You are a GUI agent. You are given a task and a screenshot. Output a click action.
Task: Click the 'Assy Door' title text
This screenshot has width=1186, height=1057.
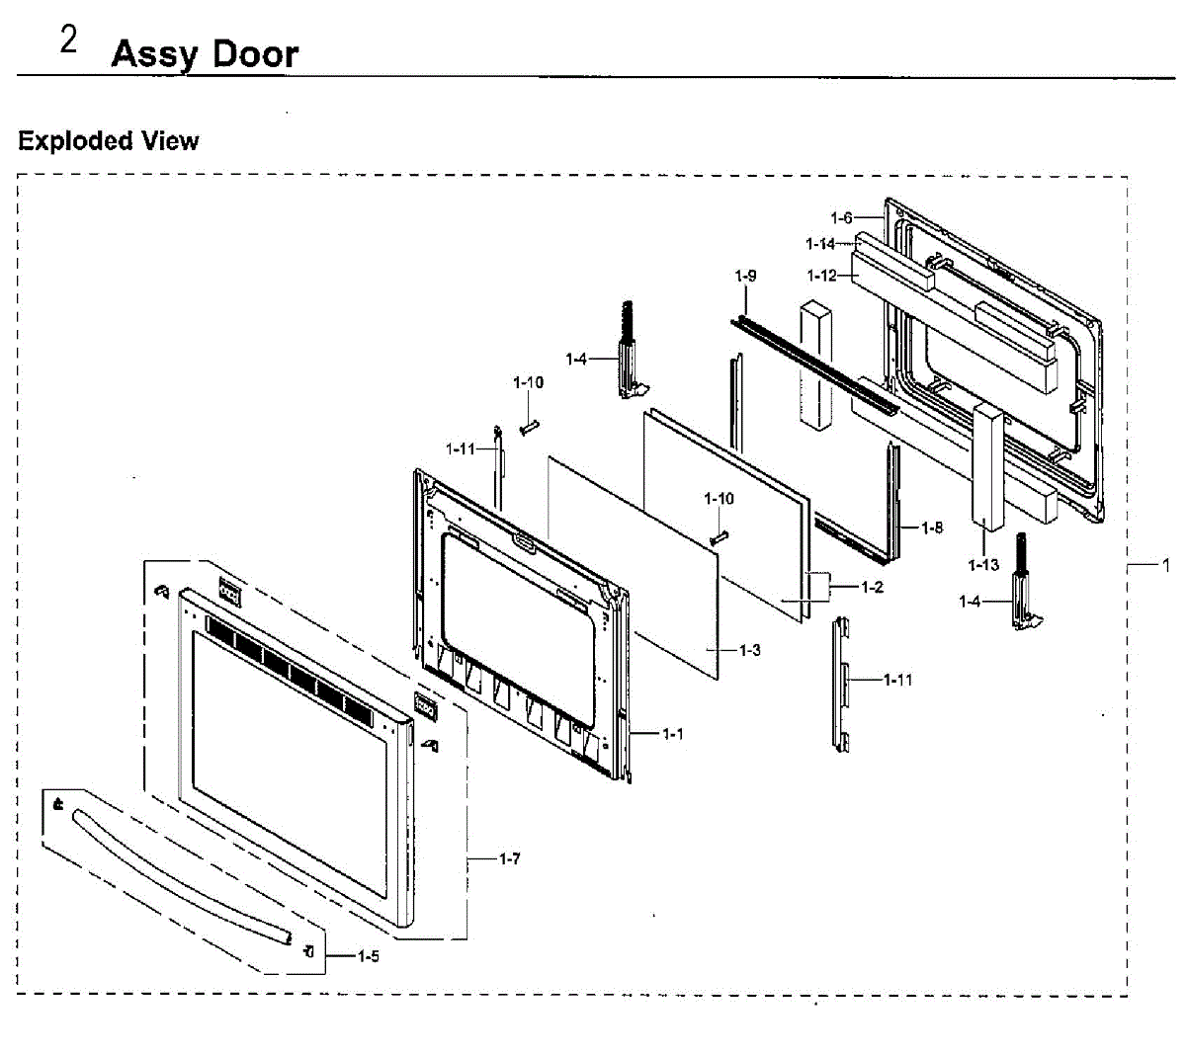[x=205, y=53]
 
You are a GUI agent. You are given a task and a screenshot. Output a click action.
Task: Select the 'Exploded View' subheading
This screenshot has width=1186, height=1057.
[x=109, y=141]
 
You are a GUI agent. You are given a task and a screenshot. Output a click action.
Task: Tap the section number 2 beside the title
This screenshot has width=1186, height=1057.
[x=68, y=41]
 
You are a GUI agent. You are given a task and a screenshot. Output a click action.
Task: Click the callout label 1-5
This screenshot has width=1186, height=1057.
[x=368, y=956]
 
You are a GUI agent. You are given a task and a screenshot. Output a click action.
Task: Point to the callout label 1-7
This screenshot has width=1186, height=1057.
[x=509, y=859]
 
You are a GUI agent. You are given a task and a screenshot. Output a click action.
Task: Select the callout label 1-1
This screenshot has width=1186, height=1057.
[x=672, y=734]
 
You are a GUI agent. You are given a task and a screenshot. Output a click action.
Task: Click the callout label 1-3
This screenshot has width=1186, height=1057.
[x=750, y=650]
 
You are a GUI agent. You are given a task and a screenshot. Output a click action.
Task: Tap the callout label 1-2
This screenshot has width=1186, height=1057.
[x=872, y=588]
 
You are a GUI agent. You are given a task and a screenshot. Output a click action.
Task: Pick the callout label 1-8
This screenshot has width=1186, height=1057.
[x=932, y=528]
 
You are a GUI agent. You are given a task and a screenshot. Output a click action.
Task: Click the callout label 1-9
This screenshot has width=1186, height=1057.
[x=745, y=276]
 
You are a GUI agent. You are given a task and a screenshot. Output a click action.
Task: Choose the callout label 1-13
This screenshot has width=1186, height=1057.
[x=983, y=565]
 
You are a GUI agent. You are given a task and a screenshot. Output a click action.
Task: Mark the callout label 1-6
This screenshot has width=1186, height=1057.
[x=841, y=217]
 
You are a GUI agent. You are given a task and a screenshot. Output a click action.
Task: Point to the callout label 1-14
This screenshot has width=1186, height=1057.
[x=820, y=243]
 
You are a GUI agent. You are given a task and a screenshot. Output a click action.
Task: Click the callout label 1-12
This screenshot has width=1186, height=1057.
[x=821, y=276]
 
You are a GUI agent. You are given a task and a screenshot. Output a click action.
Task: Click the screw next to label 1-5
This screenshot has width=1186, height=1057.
[x=309, y=952]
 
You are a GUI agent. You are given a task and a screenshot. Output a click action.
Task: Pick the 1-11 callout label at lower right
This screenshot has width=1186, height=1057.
[x=898, y=680]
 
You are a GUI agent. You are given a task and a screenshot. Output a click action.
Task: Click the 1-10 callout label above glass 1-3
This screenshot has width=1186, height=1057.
[x=719, y=499]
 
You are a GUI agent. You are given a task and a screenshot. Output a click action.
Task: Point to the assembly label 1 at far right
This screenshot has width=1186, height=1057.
[x=1166, y=565]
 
